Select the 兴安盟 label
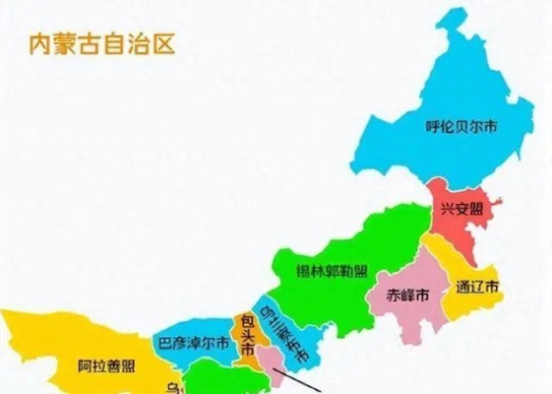click(x=460, y=209)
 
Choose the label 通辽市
click(x=477, y=289)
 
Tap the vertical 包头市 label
click(x=248, y=336)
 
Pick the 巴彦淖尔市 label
click(x=194, y=344)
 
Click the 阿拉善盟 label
click(x=106, y=367)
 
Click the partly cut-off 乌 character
click(x=173, y=385)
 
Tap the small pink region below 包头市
click(x=272, y=372)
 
